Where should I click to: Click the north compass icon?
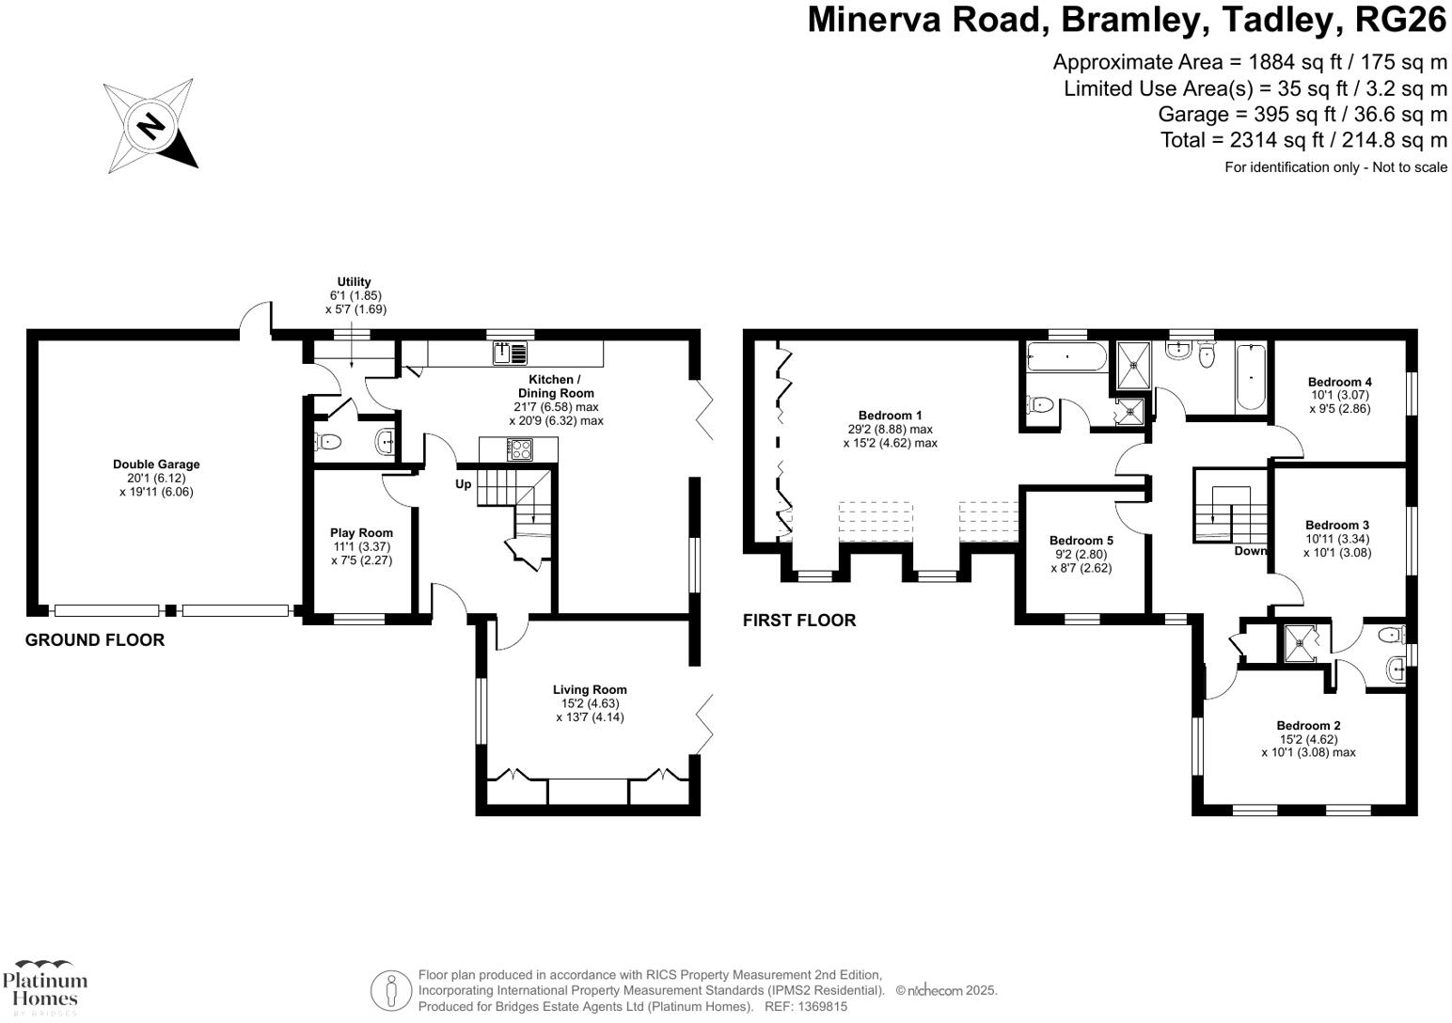pyautogui.click(x=150, y=126)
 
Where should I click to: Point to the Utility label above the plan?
pyautogui.click(x=355, y=282)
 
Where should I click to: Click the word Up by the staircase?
pyautogui.click(x=464, y=484)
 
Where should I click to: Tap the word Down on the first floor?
pyautogui.click(x=1251, y=551)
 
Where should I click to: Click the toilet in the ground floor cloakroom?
pyautogui.click(x=327, y=441)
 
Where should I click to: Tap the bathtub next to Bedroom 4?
pyautogui.click(x=1250, y=378)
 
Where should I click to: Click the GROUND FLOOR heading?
pyautogui.click(x=95, y=640)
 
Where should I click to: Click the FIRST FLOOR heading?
pyautogui.click(x=799, y=621)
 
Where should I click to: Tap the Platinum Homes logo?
pyautogui.click(x=44, y=987)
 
